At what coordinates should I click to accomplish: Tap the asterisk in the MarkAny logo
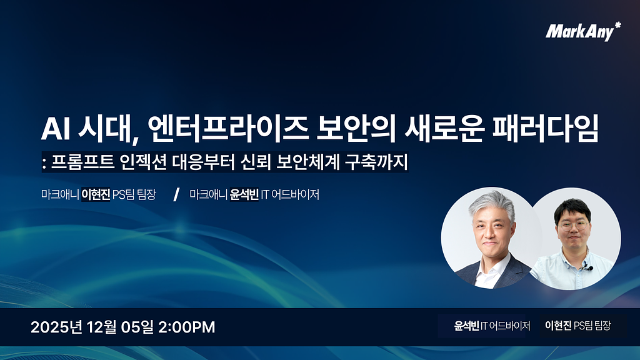coord(617,26)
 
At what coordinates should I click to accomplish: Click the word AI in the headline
coord(54,129)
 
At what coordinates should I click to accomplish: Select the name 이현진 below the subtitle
coord(96,194)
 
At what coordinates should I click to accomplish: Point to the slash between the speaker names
coord(176,194)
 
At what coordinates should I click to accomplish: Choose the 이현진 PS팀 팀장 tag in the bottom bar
coord(578,326)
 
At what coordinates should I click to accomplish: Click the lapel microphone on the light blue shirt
coord(587,268)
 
